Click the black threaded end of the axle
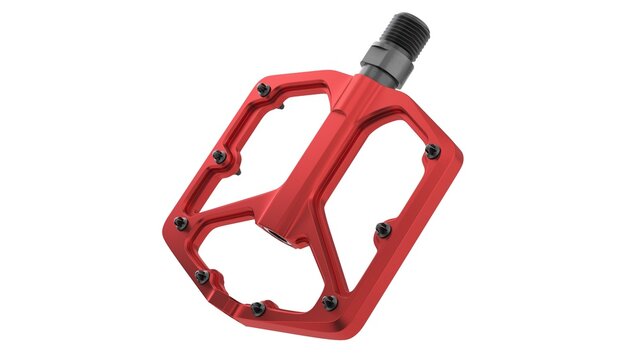[403, 33]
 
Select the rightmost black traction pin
[432, 151]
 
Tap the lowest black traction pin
[257, 307]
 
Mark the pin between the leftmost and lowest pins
[201, 275]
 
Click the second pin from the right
[381, 230]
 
